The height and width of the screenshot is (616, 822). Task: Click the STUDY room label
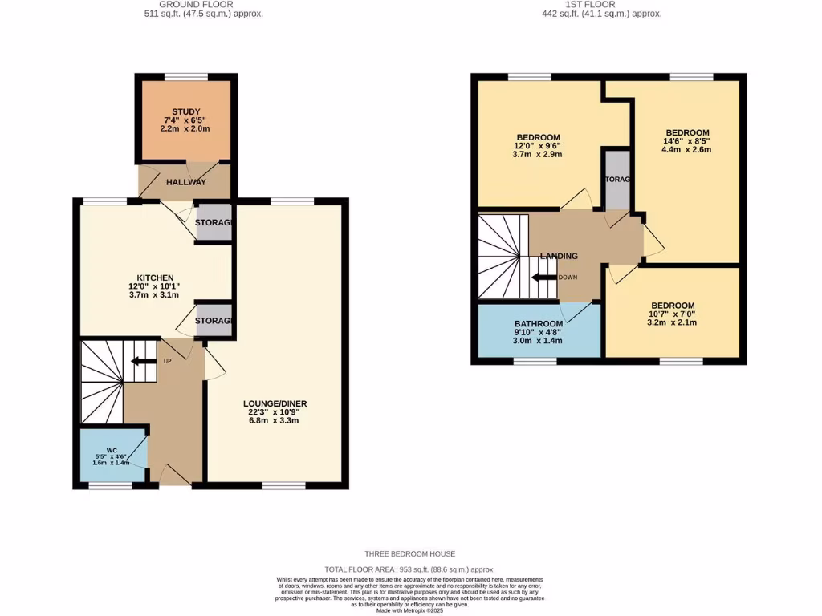click(x=185, y=111)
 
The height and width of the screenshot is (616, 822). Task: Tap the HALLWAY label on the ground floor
click(x=186, y=182)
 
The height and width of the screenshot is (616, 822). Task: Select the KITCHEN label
click(x=155, y=278)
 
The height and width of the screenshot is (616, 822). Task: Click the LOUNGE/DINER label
click(x=275, y=403)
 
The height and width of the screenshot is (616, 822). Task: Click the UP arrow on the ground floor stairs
click(x=146, y=361)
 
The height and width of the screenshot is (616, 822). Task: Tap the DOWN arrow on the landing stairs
click(x=546, y=278)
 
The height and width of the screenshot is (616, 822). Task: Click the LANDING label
click(x=559, y=256)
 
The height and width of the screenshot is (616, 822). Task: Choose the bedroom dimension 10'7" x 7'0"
click(x=673, y=314)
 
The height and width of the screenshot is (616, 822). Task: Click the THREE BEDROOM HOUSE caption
click(x=410, y=554)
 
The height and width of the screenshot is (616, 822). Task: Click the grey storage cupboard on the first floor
click(x=616, y=180)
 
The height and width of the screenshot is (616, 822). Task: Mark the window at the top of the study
click(x=185, y=76)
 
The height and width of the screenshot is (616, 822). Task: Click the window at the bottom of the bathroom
click(x=535, y=361)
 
